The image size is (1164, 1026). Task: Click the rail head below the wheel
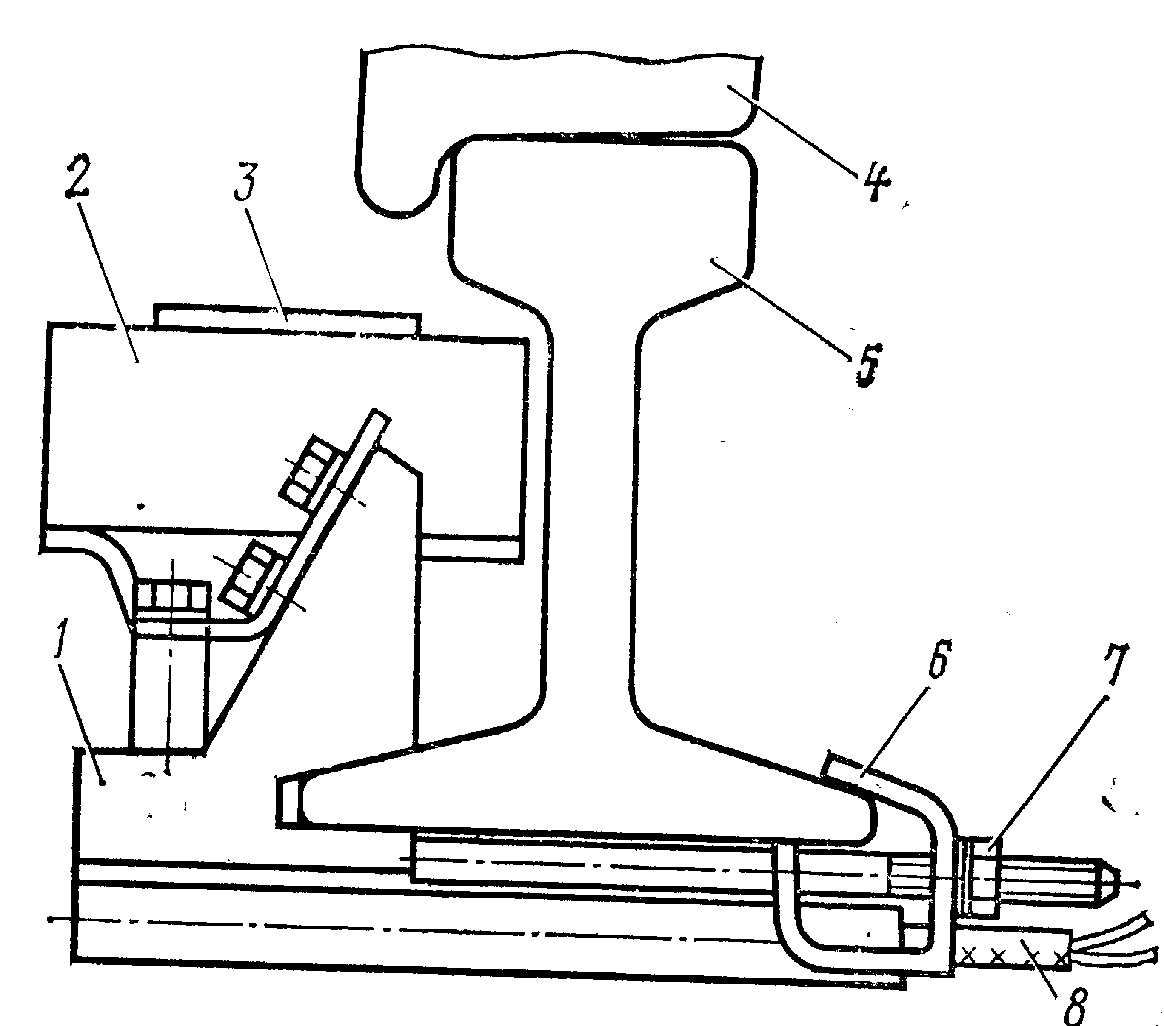[602, 211]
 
